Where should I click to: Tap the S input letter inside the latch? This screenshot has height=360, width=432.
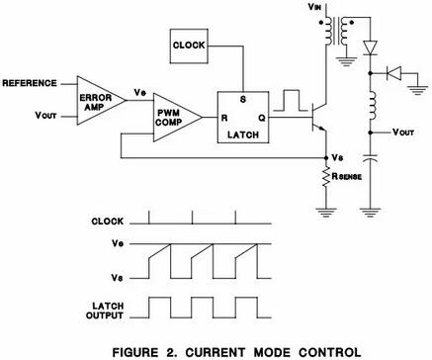(x=244, y=101)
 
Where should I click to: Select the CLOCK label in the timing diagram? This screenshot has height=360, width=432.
(x=105, y=224)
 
